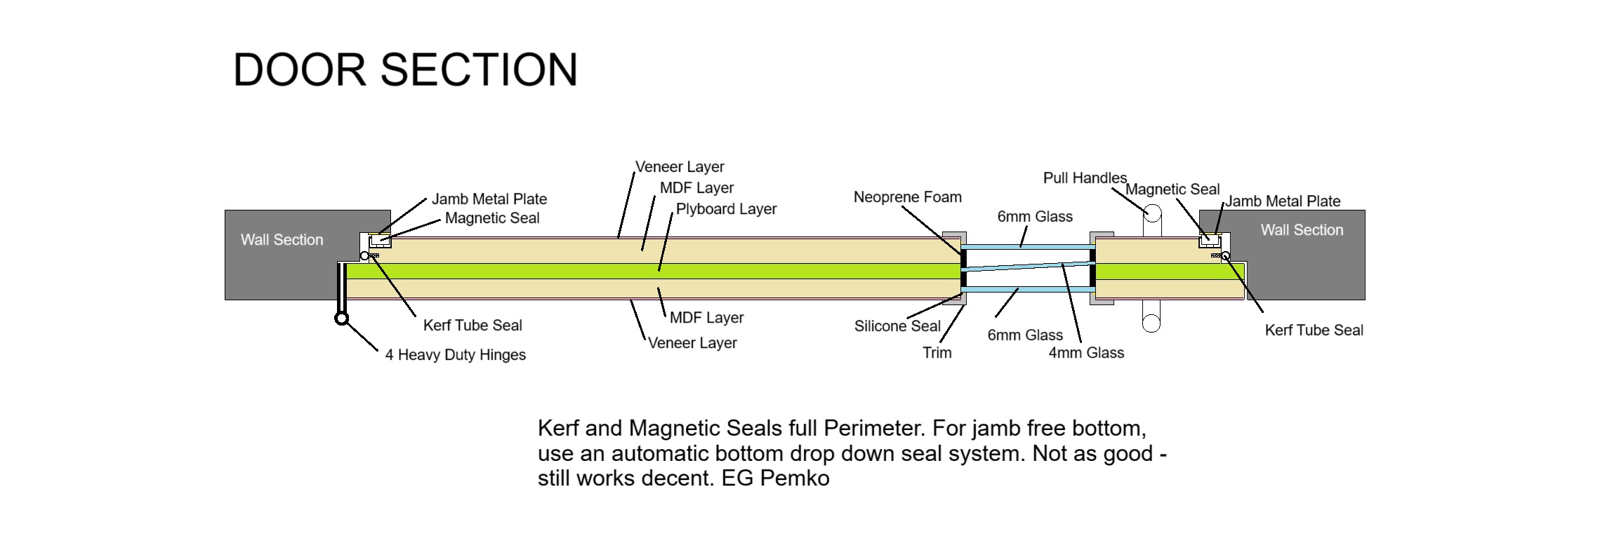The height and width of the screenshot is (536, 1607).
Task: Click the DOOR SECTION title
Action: click(405, 70)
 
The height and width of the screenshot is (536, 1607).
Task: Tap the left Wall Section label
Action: click(282, 240)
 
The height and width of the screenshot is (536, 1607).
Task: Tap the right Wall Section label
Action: click(1302, 230)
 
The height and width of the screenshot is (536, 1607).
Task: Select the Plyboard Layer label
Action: click(726, 209)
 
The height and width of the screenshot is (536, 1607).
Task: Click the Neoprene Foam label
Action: click(907, 197)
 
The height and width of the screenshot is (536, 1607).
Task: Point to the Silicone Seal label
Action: click(897, 326)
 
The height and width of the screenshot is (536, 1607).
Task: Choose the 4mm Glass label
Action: click(1085, 353)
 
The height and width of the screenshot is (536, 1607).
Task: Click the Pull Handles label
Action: click(1084, 178)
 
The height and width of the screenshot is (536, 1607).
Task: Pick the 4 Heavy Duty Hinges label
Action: click(455, 355)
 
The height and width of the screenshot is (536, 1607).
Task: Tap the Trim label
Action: click(937, 353)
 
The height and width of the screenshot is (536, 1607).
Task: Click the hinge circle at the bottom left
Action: click(342, 319)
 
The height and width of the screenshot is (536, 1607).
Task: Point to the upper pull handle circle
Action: click(1152, 213)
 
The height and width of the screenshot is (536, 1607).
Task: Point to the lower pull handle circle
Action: click(1151, 323)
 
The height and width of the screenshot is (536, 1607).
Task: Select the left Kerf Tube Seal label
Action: click(472, 326)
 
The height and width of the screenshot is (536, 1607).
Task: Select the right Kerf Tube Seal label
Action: click(1314, 330)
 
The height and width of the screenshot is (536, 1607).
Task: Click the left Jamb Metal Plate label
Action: click(489, 199)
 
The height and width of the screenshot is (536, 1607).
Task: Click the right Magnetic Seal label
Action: click(1172, 189)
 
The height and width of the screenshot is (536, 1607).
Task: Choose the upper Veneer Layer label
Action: click(680, 167)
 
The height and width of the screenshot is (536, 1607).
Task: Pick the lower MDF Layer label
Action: click(706, 318)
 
